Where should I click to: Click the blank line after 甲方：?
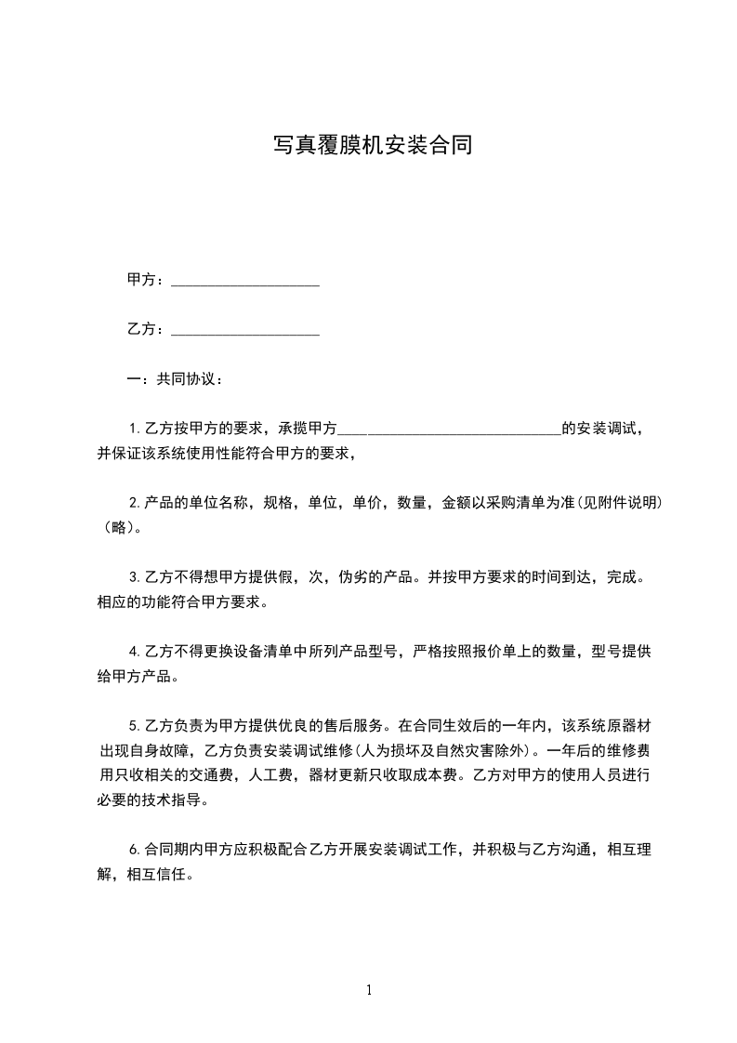[x=245, y=281]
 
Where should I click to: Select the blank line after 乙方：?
[x=245, y=330]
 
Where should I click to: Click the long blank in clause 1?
[x=449, y=430]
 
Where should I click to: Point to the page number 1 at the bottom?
[x=369, y=990]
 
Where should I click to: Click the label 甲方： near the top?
[x=146, y=280]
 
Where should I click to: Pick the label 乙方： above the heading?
[x=146, y=329]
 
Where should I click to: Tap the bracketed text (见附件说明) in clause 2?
[x=620, y=503]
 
